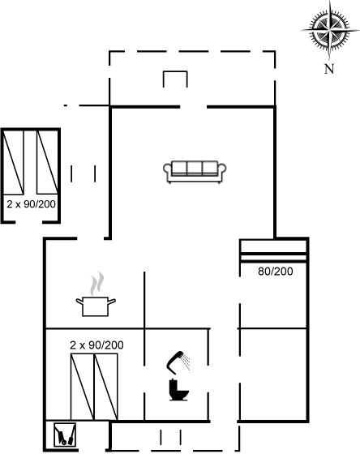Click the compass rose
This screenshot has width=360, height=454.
pyautogui.click(x=329, y=30)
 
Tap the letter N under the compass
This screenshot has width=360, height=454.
pyautogui.click(x=329, y=69)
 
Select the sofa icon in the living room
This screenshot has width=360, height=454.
pyautogui.click(x=195, y=172)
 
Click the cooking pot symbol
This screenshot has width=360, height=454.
pyautogui.click(x=96, y=306)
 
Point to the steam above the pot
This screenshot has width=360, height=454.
pyautogui.click(x=96, y=283)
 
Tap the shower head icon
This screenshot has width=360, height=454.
pyautogui.click(x=178, y=362)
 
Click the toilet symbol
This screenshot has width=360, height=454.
pyautogui.click(x=178, y=390)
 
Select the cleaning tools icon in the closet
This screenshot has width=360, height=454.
pyautogui.click(x=65, y=435)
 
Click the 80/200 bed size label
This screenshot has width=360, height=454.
pyautogui.click(x=275, y=272)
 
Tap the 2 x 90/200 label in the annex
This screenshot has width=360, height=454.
pyautogui.click(x=32, y=204)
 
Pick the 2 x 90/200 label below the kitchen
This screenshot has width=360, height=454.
pyautogui.click(x=96, y=345)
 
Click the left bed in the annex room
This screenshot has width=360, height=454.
pyautogui.click(x=13, y=162)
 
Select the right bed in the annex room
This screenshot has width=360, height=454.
pyautogui.click(x=47, y=162)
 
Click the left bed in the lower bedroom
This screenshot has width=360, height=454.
pyautogui.click(x=83, y=387)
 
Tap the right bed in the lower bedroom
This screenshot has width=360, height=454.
pyautogui.click(x=106, y=387)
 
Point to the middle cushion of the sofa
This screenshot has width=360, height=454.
pyautogui.click(x=195, y=169)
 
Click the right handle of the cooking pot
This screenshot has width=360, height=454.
pyautogui.click(x=112, y=302)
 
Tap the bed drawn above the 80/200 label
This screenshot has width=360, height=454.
pyautogui.click(x=273, y=251)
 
